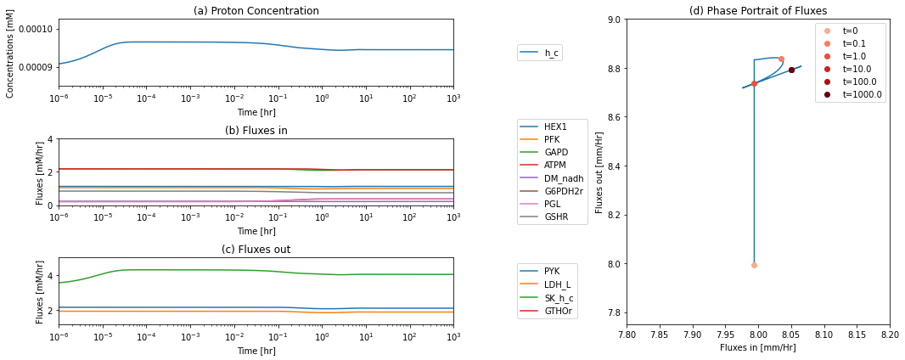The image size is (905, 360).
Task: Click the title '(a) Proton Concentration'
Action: (256, 10)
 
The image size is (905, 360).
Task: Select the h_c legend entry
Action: (540, 53)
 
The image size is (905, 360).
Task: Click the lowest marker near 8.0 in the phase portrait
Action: (754, 266)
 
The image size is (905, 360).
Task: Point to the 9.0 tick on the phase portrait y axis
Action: (614, 20)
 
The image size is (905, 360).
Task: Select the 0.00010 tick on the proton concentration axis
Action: (38, 30)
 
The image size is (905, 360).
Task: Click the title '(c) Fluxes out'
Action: (256, 250)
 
